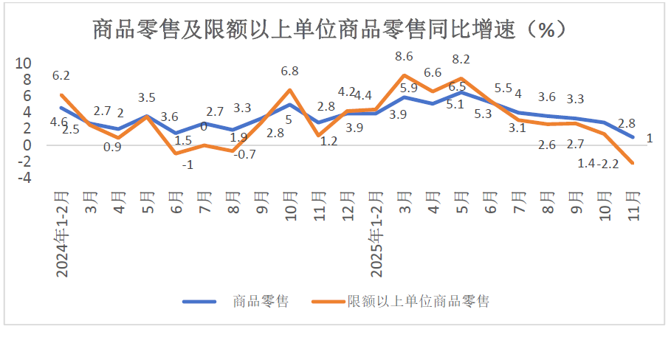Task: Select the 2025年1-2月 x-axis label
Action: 376,233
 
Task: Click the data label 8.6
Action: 404,56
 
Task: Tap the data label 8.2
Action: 461,60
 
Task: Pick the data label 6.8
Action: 289,72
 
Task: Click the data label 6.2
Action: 61,75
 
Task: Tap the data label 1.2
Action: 328,142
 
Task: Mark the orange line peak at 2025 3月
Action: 405,75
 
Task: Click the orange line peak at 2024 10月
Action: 289,90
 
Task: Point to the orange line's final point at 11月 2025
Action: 633,163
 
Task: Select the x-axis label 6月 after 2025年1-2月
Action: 490,201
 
